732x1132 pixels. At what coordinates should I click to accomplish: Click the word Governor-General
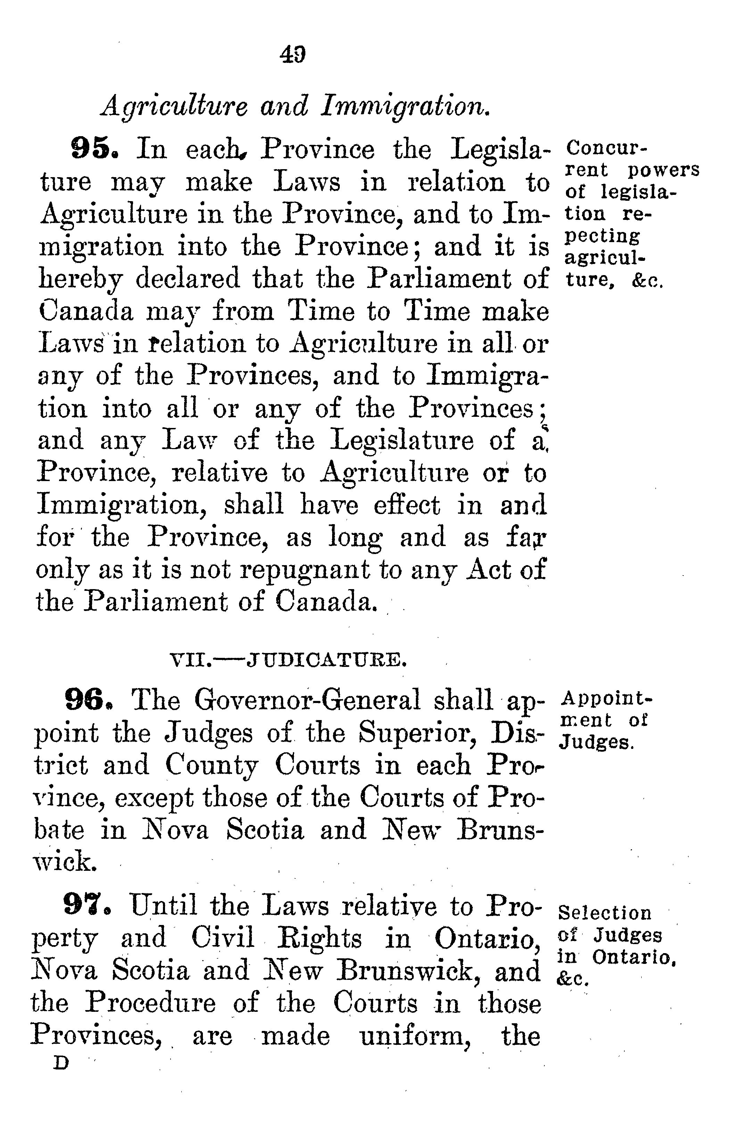tap(307, 700)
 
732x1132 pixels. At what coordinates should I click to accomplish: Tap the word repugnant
tap(305, 570)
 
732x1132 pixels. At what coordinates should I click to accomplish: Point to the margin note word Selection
tap(604, 912)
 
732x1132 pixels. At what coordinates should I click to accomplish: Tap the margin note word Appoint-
tap(607, 698)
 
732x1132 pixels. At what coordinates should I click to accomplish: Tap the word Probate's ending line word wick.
tap(65, 862)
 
